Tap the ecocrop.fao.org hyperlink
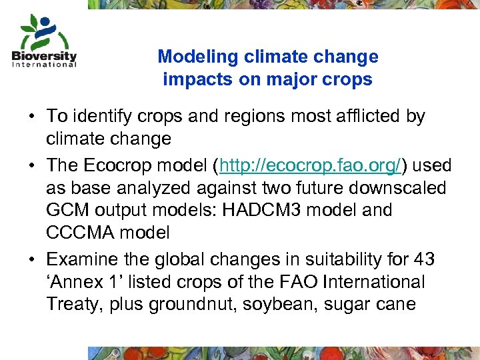tap(311, 165)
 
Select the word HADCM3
tap(252, 211)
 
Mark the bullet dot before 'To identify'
tap(32, 117)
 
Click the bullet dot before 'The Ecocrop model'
tap(32, 165)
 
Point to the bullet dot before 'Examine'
tap(32, 259)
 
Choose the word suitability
tap(347, 258)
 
